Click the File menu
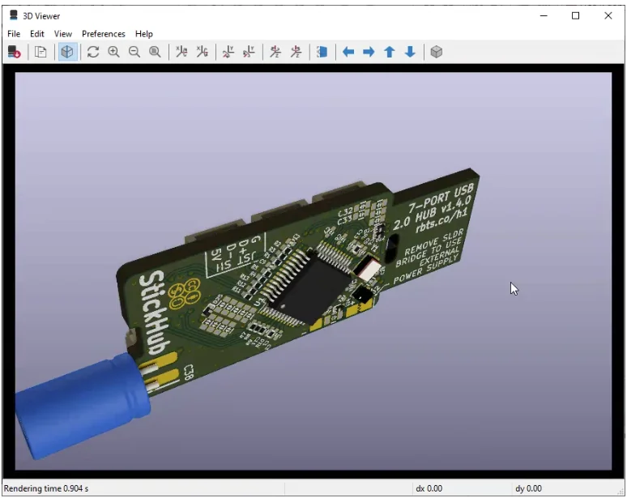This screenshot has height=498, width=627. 14,34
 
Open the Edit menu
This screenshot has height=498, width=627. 37,34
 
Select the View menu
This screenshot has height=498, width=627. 63,34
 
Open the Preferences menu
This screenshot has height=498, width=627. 104,34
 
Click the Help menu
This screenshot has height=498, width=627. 144,34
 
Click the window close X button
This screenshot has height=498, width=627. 608,15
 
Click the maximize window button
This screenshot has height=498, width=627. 576,15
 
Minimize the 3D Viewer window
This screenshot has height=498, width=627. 544,15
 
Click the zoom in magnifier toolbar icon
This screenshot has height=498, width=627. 114,52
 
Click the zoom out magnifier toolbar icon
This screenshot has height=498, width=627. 134,52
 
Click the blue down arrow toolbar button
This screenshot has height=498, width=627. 410,52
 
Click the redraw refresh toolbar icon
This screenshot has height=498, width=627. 93,52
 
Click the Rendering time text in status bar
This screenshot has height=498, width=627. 46,488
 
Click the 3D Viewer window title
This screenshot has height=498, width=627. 41,15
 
